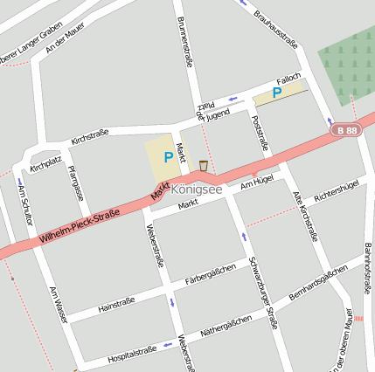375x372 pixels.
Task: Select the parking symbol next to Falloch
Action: (x=277, y=92)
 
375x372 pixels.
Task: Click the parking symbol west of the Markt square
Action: (x=168, y=158)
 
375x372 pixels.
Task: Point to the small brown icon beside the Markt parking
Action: (x=204, y=165)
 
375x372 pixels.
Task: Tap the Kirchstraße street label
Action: (x=89, y=134)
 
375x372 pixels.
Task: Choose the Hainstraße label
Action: (x=116, y=303)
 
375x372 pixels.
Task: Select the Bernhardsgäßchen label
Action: (x=318, y=285)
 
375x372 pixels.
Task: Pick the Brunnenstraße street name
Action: (x=184, y=41)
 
